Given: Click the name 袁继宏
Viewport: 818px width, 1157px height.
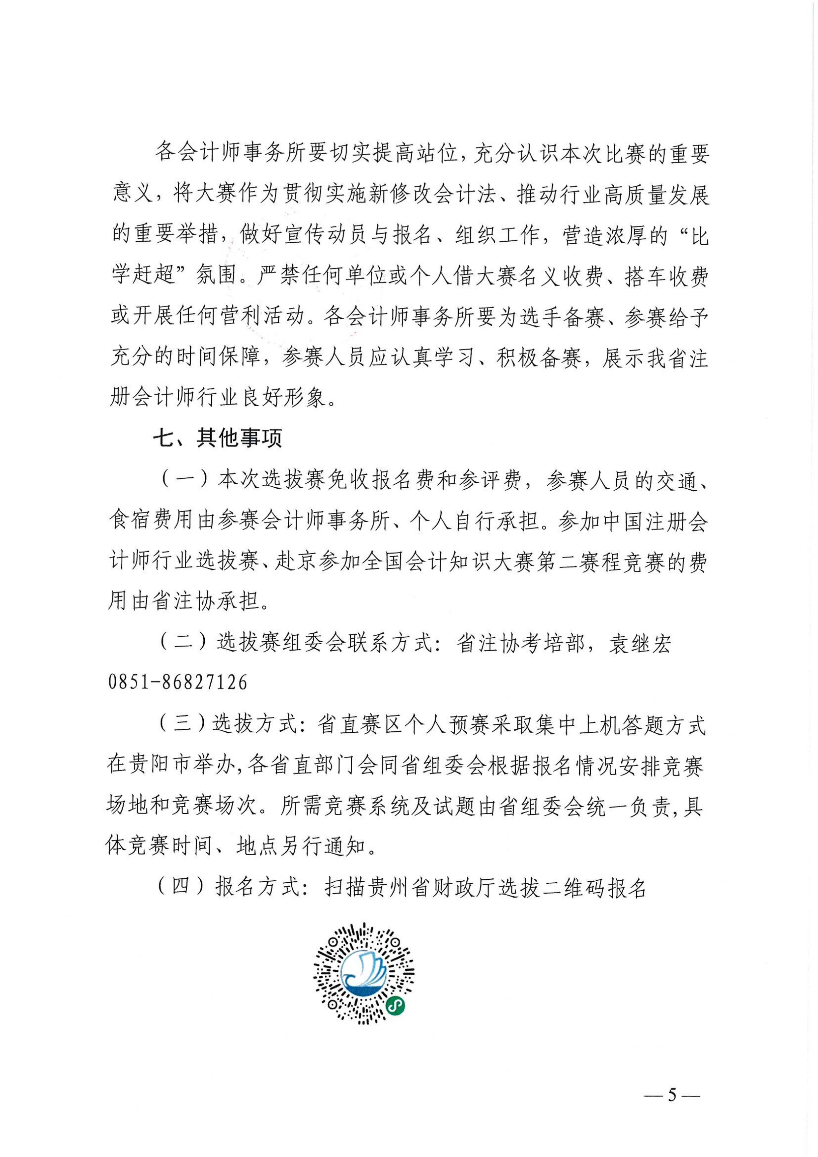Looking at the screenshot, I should [x=640, y=644].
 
